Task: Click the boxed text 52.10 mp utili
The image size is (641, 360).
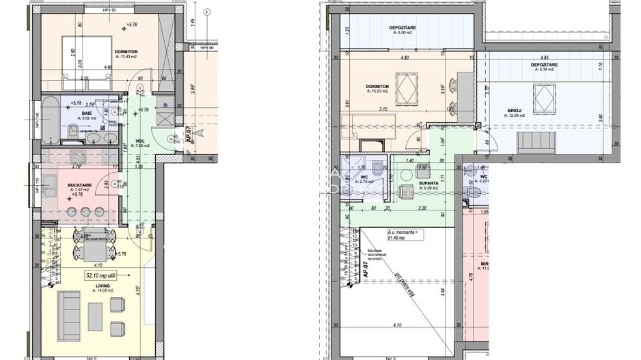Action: [100, 276]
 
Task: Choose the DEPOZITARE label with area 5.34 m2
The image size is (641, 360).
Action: [544, 65]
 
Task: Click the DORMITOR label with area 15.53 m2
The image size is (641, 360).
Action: [377, 87]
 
